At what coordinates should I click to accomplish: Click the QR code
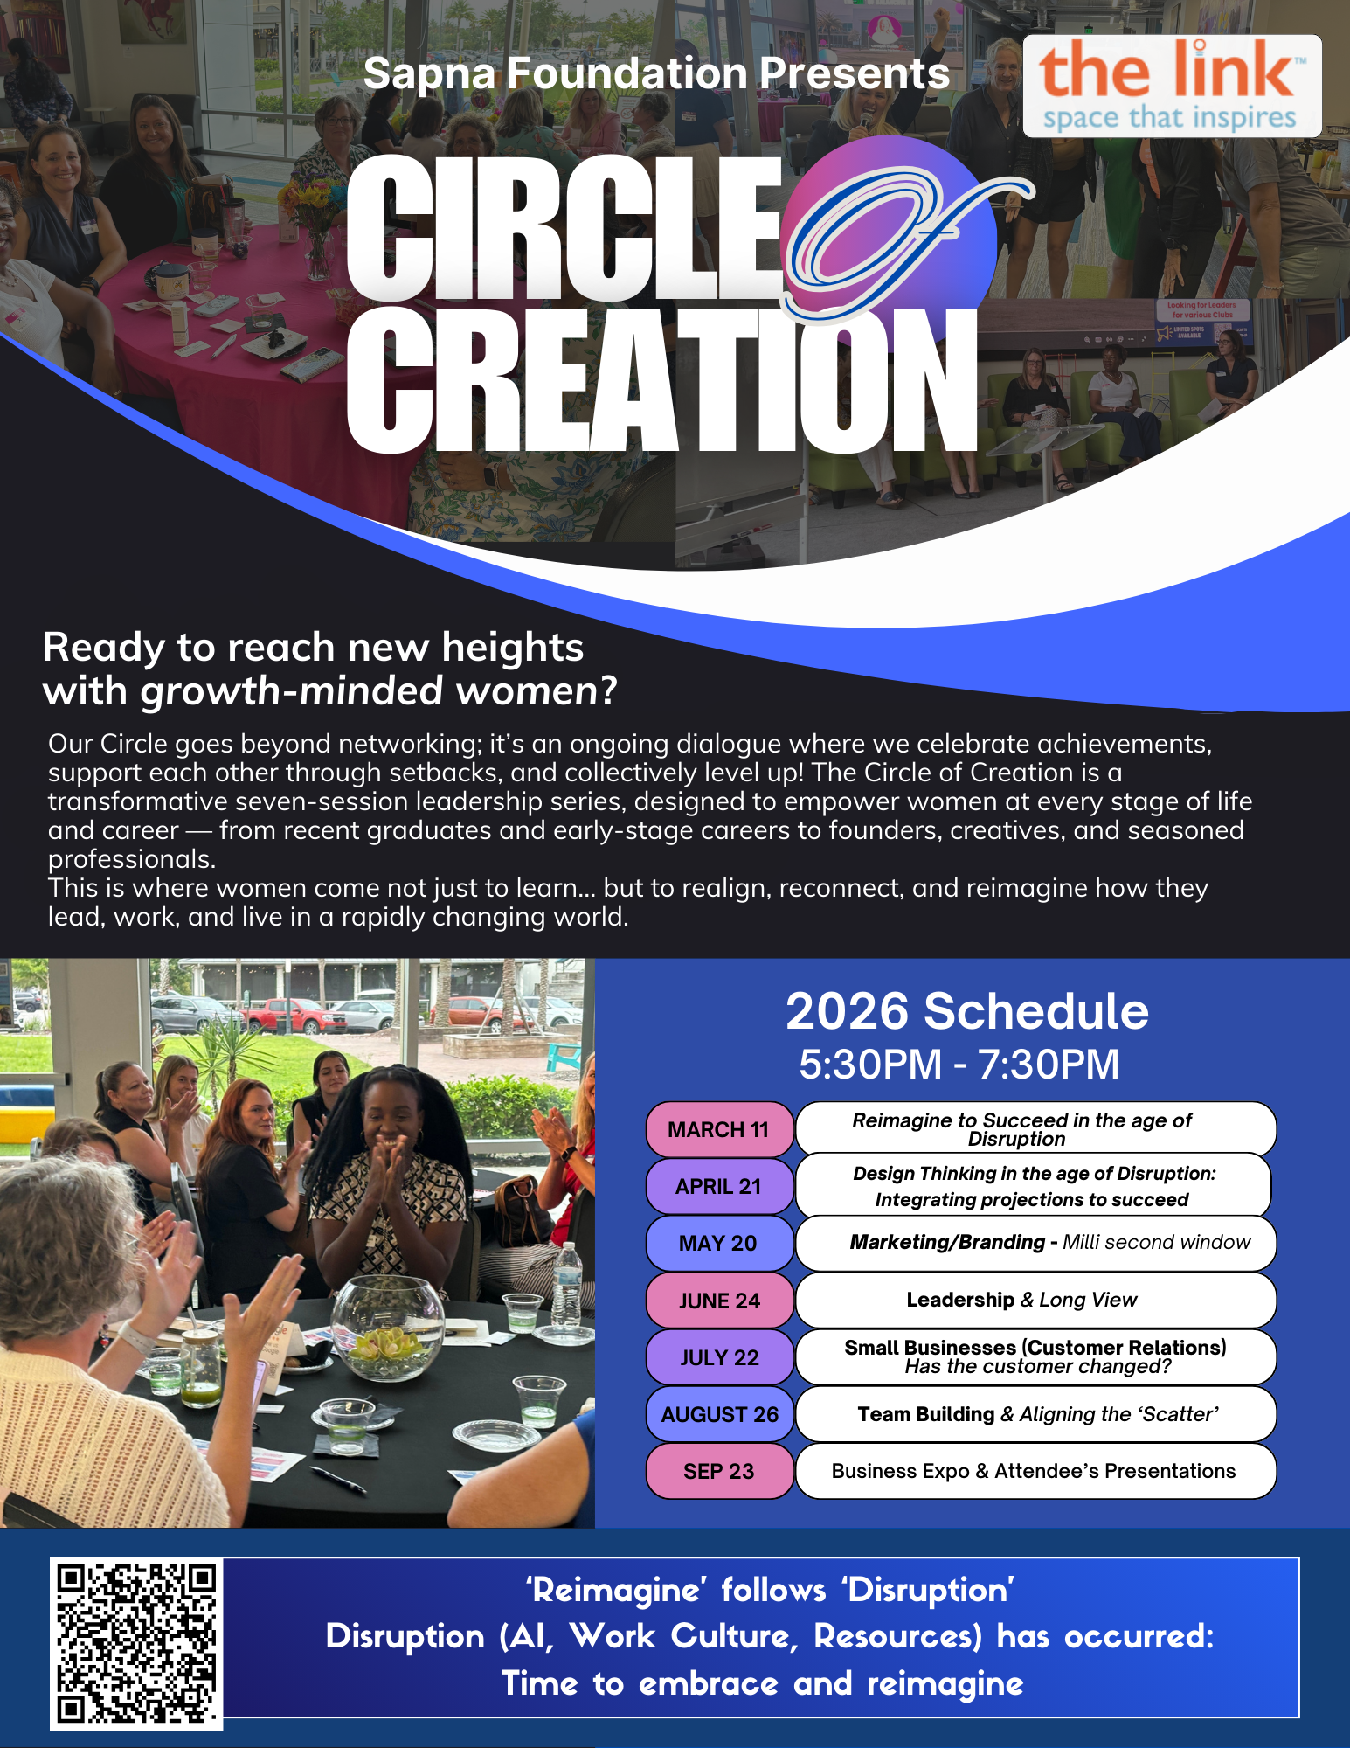tap(136, 1643)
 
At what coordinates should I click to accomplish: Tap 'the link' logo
tap(1172, 86)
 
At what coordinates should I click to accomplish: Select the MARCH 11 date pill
tap(719, 1129)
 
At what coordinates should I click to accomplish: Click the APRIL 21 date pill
tap(719, 1186)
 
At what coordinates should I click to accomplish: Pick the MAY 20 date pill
tap(719, 1243)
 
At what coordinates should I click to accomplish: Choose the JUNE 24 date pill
tap(719, 1301)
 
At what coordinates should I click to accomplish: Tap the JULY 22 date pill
tap(719, 1357)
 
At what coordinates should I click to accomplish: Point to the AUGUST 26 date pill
tap(719, 1414)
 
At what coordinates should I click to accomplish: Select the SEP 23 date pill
tap(719, 1471)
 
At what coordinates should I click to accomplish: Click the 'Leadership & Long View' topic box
tap(1035, 1300)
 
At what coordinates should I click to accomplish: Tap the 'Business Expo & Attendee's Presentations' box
tap(1035, 1471)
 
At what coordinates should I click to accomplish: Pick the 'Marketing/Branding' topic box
tap(1035, 1243)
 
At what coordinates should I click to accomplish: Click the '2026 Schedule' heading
tap(967, 1011)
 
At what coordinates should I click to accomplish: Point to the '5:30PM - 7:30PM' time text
tap(959, 1065)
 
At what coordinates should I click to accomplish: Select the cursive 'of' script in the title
tap(900, 236)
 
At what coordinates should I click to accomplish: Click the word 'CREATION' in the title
tap(662, 381)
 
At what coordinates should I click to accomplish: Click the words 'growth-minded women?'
tap(379, 690)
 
